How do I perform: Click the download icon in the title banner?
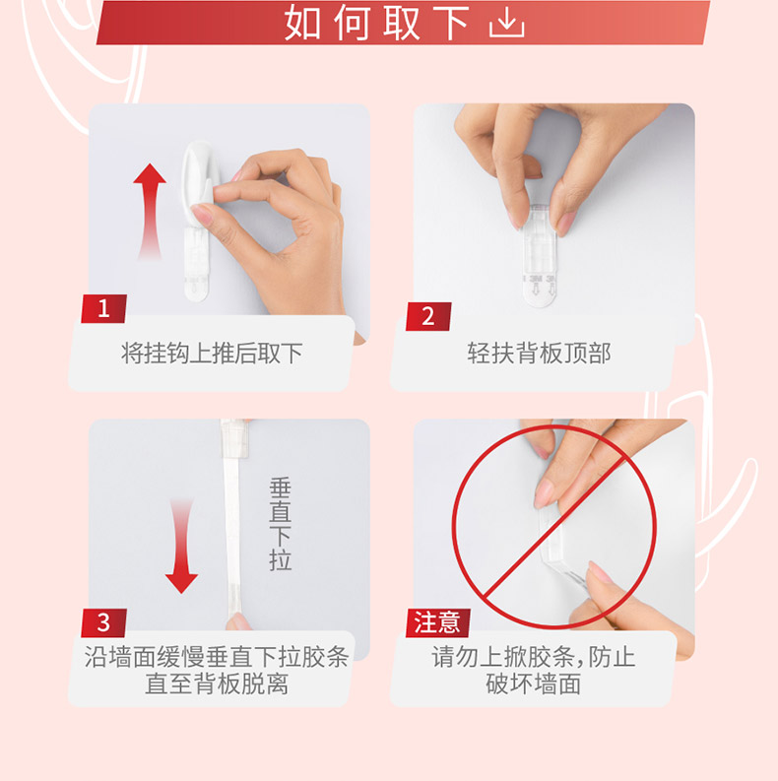[506, 24]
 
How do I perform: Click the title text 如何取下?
[376, 23]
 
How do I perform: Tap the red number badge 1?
[104, 309]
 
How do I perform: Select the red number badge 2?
[428, 316]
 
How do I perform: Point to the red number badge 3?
[103, 622]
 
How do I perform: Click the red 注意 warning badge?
[438, 622]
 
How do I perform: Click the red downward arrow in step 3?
[181, 546]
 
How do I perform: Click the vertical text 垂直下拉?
[280, 525]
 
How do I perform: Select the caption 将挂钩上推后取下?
[212, 354]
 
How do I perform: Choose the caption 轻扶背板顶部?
[539, 354]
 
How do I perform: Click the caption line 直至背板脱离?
[217, 683]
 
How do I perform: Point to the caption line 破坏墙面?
[534, 683]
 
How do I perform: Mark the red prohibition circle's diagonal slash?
[553, 526]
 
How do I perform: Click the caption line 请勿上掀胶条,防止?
[534, 657]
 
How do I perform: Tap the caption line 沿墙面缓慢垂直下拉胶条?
[217, 657]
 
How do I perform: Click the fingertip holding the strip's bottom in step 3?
[238, 621]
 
